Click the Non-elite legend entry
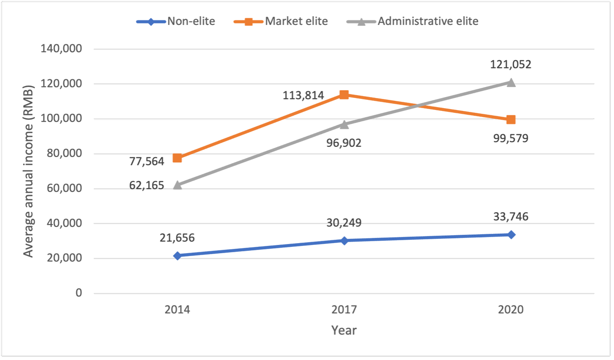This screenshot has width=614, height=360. pos(176,21)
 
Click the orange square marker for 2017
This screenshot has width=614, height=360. pos(344,95)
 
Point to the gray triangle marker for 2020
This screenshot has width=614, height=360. pos(511,82)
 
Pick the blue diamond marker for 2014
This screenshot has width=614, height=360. pos(177,256)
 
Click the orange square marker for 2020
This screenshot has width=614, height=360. pos(511,120)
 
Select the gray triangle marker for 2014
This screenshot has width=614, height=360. pos(177,185)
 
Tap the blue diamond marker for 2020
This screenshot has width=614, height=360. pos(511,234)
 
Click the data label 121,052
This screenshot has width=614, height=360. pos(511,64)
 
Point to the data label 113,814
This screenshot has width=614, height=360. pos(304,96)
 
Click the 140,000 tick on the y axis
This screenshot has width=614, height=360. pos(64,49)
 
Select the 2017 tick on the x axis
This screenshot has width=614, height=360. pos(344,309)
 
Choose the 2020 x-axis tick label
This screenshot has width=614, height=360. pos(511,309)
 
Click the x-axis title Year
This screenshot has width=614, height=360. pos(344,330)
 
